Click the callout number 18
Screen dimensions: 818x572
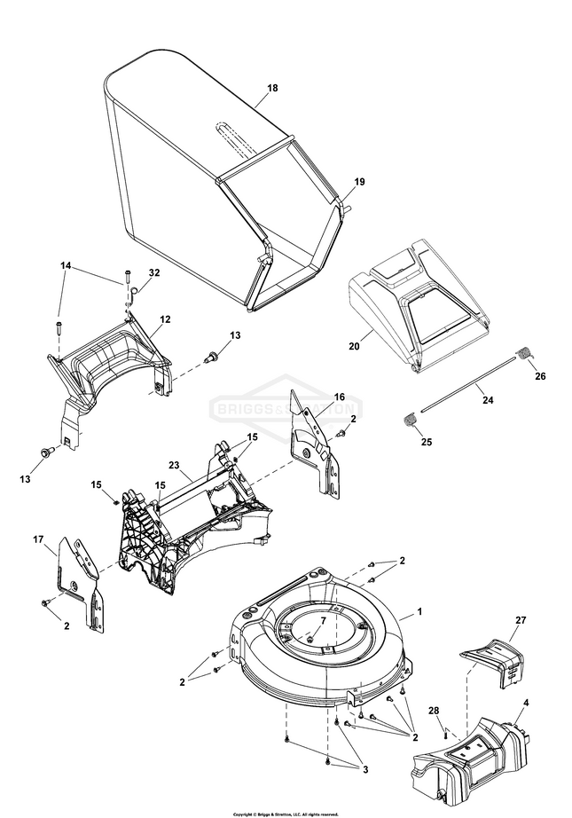click(272, 89)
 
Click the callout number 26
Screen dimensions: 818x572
click(541, 376)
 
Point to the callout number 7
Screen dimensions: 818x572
click(323, 621)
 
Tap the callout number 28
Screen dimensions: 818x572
click(435, 712)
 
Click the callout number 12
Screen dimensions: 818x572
click(164, 319)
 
